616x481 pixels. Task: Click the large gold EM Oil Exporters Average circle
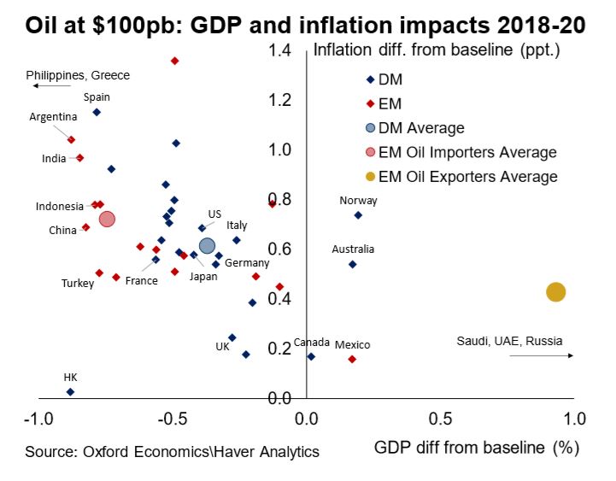coord(555,292)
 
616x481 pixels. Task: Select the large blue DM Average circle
coord(207,247)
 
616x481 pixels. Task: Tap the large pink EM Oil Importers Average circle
coord(107,219)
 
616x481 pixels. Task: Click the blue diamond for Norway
coord(358,215)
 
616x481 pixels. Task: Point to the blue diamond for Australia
coord(352,265)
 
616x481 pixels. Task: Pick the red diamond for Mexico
coord(352,360)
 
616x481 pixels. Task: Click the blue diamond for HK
coord(70,391)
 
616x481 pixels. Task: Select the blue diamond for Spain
coord(97,112)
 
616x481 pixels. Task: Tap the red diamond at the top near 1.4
coord(175,62)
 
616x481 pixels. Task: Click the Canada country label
coord(311,343)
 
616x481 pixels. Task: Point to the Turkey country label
coord(78,284)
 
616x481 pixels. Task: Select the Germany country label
coord(247,263)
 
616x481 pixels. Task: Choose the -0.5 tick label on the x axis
coord(173,419)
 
